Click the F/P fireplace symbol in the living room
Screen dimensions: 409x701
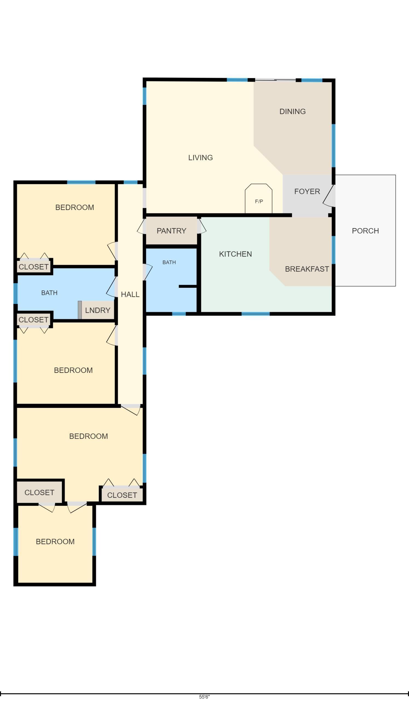259,199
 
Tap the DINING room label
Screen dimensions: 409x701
292,111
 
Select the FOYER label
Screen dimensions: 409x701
307,191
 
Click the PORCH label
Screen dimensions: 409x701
365,231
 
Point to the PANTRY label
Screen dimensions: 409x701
171,231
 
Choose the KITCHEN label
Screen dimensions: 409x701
235,254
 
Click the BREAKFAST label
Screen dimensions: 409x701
307,269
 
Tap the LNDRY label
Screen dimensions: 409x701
97,311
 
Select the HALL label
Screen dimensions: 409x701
130,294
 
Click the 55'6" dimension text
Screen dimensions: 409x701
204,697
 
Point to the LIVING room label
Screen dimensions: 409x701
200,158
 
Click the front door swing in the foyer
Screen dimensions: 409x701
329,196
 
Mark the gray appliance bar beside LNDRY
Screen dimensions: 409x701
80,310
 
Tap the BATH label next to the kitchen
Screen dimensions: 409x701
169,262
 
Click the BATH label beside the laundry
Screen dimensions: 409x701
49,293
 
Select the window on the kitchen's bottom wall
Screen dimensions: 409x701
255,314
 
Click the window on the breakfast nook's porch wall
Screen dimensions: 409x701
333,250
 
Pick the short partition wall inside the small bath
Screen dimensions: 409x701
188,286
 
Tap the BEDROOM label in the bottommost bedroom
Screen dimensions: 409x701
55,542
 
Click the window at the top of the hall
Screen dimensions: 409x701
130,182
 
